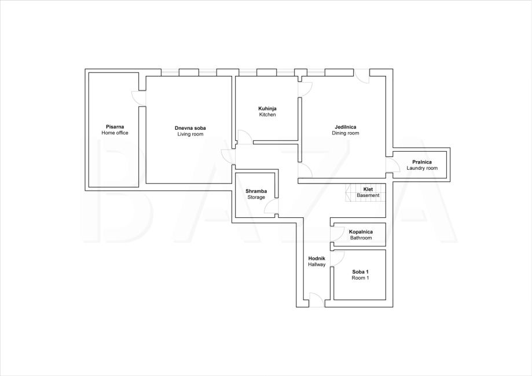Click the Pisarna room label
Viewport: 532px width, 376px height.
115,127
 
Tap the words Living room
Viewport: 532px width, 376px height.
190,134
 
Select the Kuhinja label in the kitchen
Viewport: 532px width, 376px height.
267,109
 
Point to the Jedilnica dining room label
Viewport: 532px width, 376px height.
346,127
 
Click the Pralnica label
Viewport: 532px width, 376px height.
422,162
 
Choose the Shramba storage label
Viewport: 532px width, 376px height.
256,191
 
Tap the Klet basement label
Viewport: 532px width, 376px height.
368,189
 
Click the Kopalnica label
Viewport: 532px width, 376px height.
361,232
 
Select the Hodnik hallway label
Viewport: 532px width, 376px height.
317,258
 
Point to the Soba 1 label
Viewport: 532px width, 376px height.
360,272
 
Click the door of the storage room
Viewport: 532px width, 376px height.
271,206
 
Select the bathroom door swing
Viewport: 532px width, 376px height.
337,235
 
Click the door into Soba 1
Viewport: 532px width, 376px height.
337,258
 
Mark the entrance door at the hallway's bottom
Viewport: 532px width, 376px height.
317,300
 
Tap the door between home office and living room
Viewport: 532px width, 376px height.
139,98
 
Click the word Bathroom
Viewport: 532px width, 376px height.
361,238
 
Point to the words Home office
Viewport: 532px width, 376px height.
115,133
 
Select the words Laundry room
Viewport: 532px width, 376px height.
422,168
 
